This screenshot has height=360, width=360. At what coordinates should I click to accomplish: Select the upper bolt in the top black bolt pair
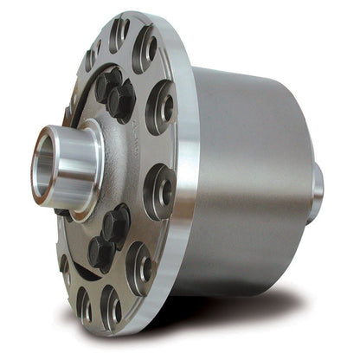[x=108, y=83]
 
